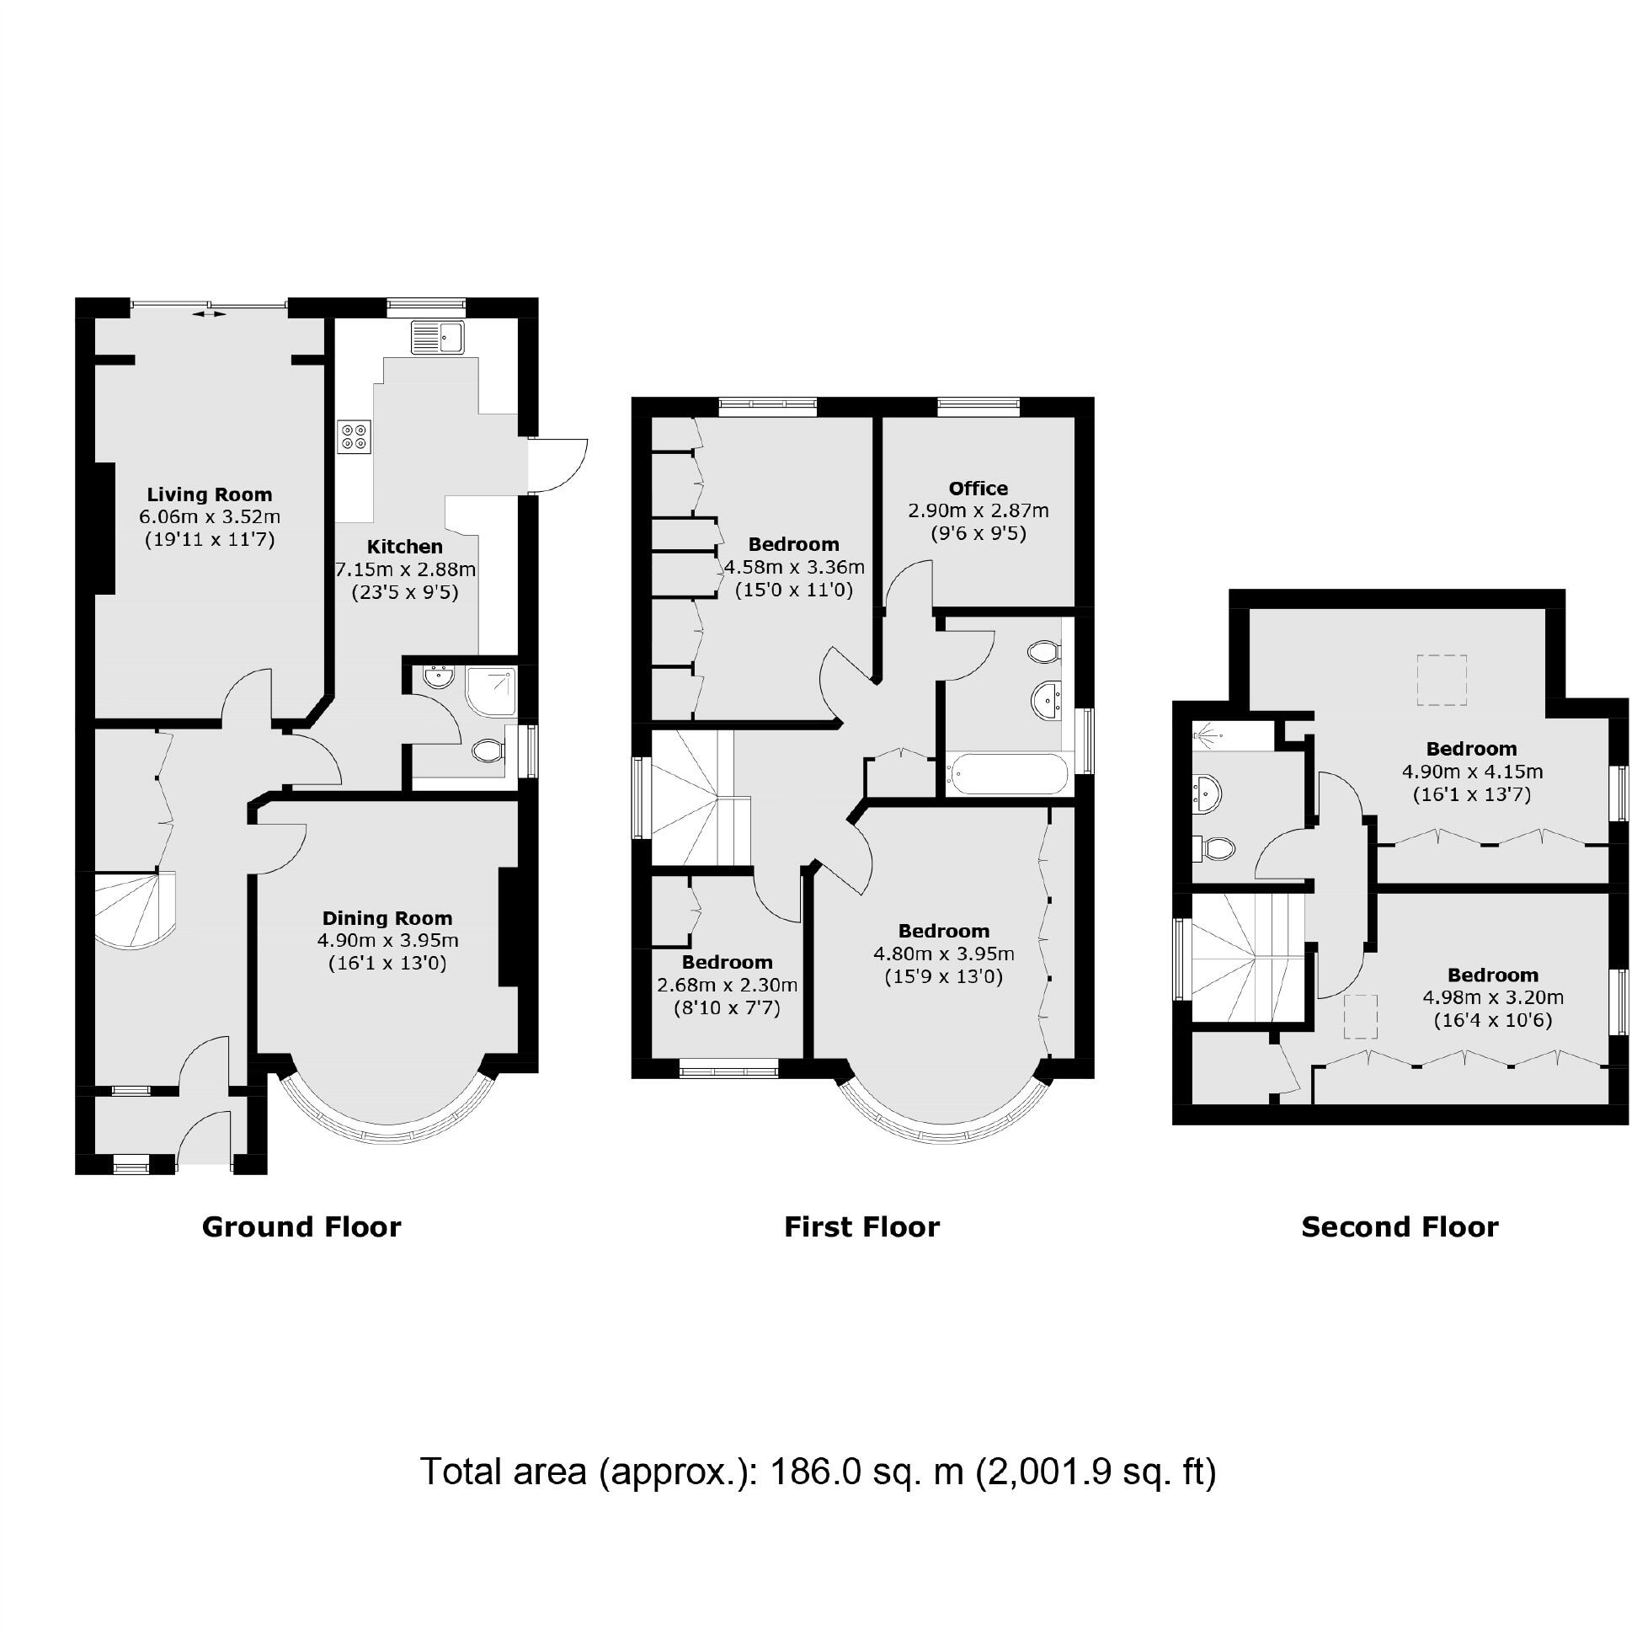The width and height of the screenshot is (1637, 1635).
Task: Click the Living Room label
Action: pyautogui.click(x=210, y=495)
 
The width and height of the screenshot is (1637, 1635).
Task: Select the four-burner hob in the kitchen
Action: pyautogui.click(x=355, y=436)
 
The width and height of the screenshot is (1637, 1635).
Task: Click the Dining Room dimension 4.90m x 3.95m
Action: pyautogui.click(x=388, y=940)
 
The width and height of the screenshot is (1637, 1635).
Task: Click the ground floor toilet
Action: pyautogui.click(x=488, y=749)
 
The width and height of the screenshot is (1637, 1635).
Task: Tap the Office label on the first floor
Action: pyautogui.click(x=978, y=489)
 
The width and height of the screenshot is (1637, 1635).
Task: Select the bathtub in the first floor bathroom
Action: pyautogui.click(x=1005, y=773)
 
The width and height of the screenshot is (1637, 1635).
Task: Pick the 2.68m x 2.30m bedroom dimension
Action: pyautogui.click(x=727, y=985)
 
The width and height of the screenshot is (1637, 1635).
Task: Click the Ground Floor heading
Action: pyautogui.click(x=301, y=1227)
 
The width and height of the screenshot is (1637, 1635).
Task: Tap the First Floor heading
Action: pyautogui.click(x=861, y=1227)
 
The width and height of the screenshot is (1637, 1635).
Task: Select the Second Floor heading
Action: pyautogui.click(x=1400, y=1227)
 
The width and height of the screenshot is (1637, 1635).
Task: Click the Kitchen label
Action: pyautogui.click(x=404, y=547)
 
